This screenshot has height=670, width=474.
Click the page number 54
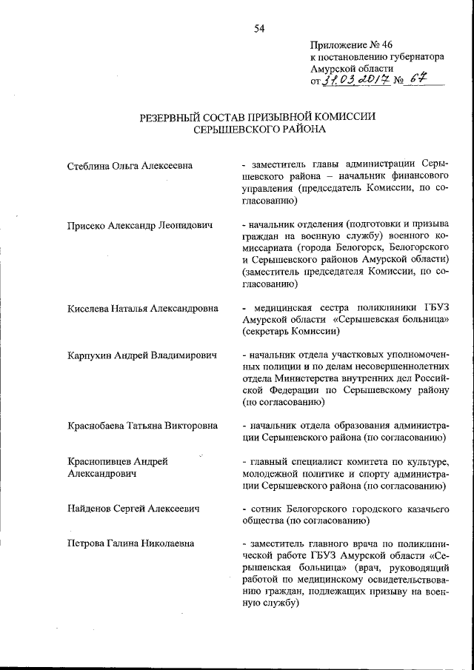pos(258,29)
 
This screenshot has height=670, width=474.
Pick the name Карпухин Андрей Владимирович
pos(141,355)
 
